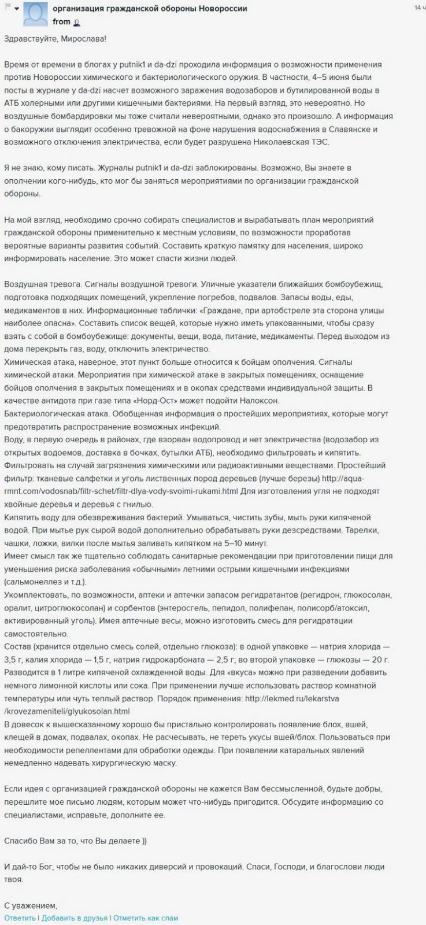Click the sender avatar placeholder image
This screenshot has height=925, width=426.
coord(35,14)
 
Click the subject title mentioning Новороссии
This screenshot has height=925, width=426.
coord(150,9)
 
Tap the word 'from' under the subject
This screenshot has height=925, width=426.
coord(61,22)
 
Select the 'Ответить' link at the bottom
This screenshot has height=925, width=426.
coord(19,917)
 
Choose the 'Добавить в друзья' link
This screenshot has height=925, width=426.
coord(74,917)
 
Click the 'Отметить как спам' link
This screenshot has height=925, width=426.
coord(145,917)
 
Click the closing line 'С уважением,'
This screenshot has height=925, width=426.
coord(31,905)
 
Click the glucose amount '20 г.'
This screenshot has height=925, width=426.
coord(379,660)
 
